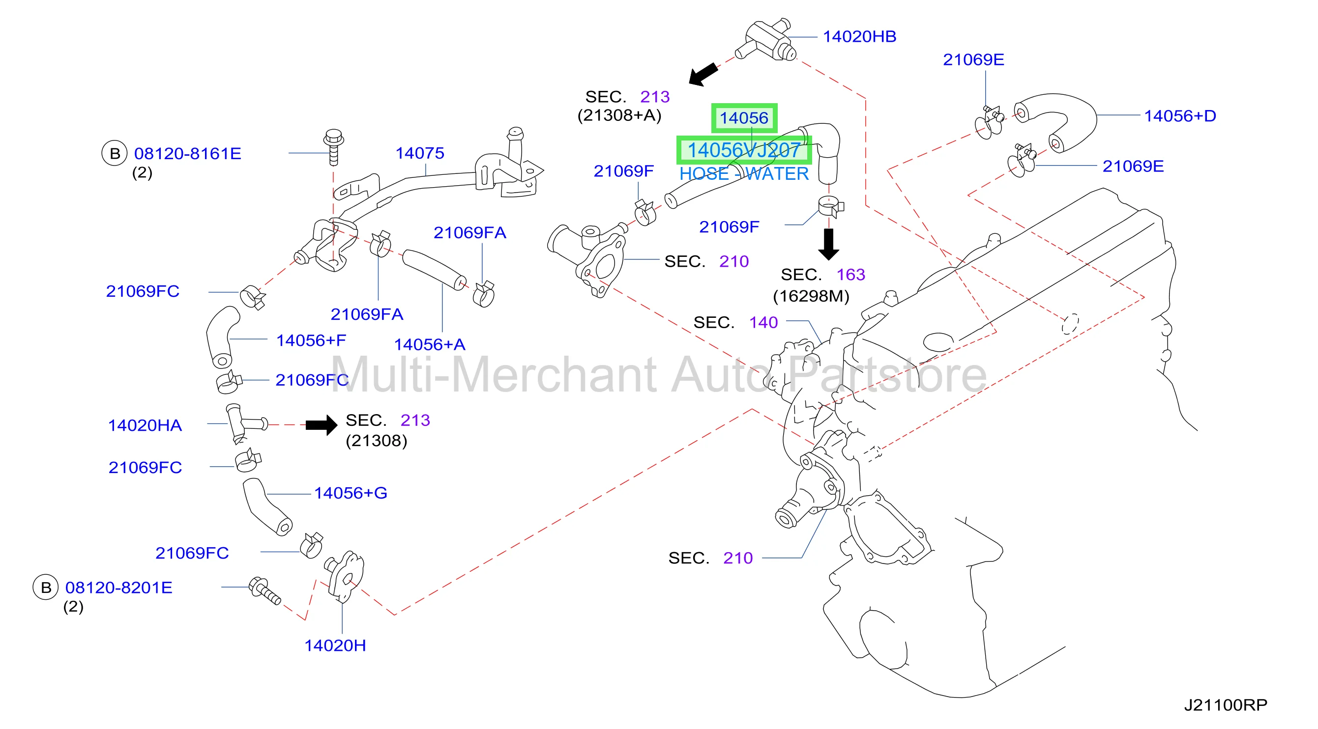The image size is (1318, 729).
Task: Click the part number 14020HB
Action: tap(859, 37)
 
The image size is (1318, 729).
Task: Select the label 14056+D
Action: tap(1180, 116)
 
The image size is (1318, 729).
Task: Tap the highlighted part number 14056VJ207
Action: tap(744, 150)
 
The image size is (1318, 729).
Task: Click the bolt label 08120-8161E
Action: tap(187, 153)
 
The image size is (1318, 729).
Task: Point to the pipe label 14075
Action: tap(419, 153)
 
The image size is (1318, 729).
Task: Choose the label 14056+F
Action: tap(311, 340)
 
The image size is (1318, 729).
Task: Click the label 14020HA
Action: tap(145, 425)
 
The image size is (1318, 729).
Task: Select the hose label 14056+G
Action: tap(351, 493)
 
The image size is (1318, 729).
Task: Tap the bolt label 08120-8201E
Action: tap(118, 588)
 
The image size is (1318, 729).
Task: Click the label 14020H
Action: tap(335, 645)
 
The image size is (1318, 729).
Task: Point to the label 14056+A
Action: tap(429, 344)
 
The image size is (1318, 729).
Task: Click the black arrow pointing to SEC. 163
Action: tap(828, 244)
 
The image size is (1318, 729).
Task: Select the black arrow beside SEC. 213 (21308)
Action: tap(322, 425)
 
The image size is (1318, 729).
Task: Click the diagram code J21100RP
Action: tap(1226, 705)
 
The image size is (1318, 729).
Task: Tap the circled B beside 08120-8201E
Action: tap(46, 588)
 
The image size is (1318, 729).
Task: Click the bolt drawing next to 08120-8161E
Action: tap(334, 147)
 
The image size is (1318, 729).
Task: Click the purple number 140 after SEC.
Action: tap(763, 323)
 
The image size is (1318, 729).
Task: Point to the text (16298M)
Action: tap(811, 297)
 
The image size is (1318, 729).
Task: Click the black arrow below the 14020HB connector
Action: tap(703, 75)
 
